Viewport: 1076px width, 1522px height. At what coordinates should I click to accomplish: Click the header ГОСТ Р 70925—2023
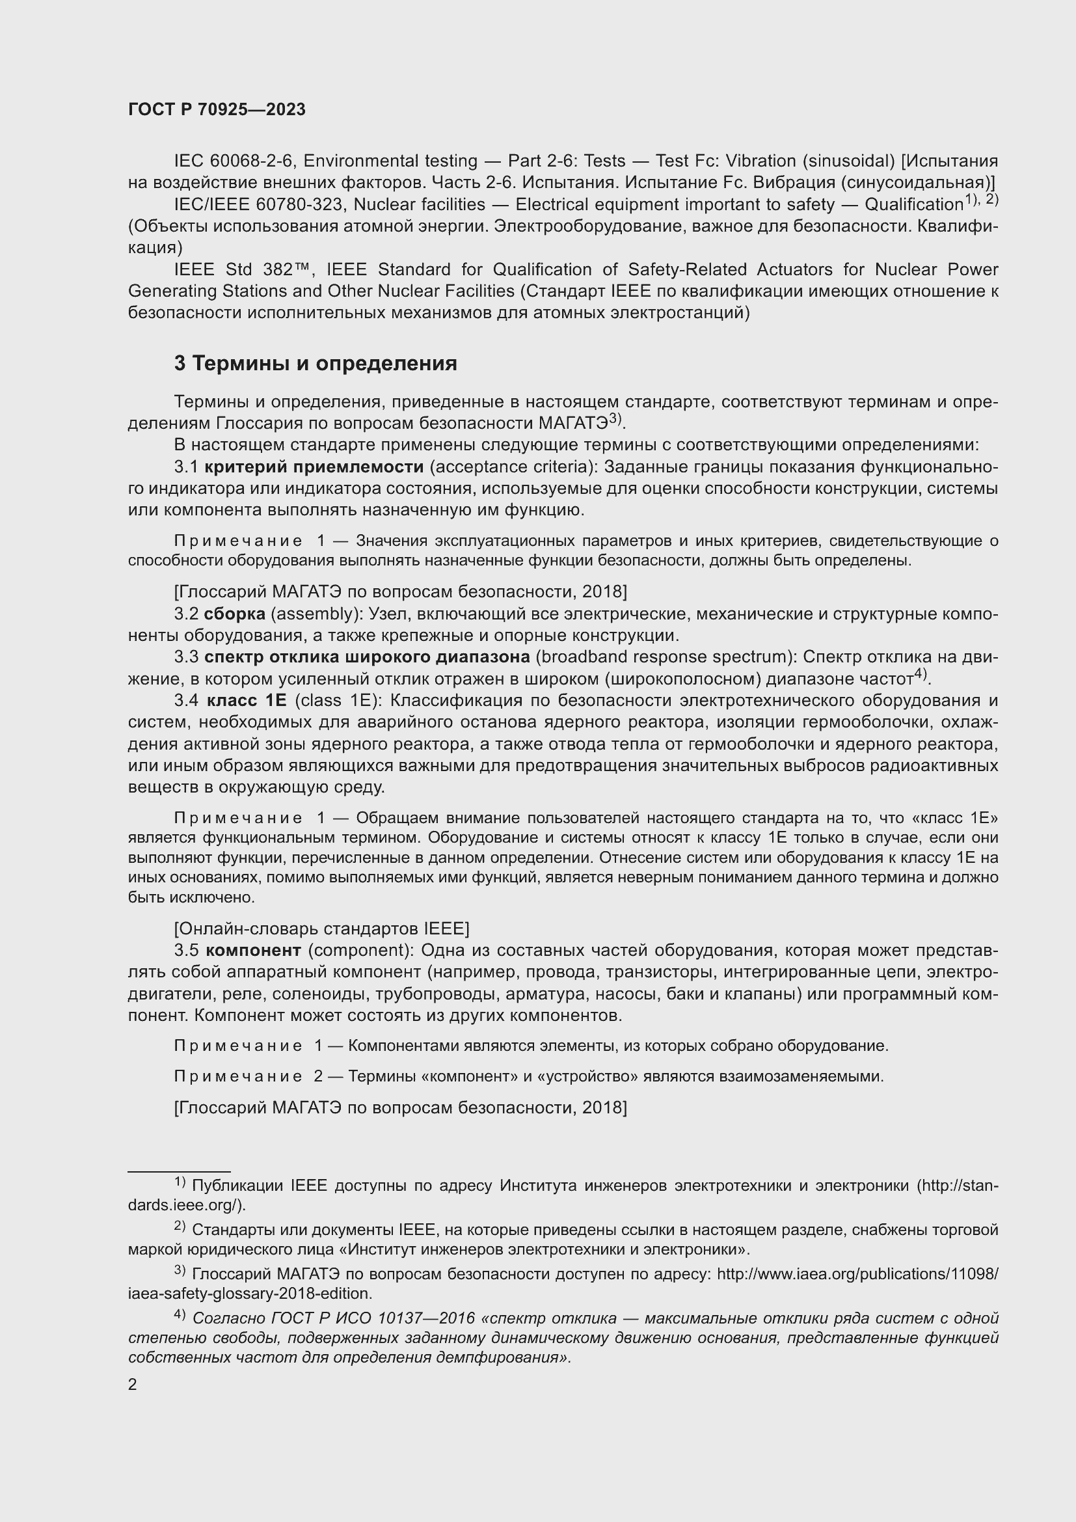pyautogui.click(x=217, y=110)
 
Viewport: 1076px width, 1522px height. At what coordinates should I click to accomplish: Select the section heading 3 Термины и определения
pyautogui.click(x=316, y=363)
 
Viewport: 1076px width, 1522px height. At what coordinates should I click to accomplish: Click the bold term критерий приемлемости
pyautogui.click(x=314, y=467)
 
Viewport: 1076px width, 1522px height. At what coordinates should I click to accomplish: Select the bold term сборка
pyautogui.click(x=235, y=614)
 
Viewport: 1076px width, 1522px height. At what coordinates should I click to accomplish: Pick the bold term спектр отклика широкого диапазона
pyautogui.click(x=367, y=657)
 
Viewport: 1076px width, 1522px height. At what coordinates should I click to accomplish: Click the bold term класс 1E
pyautogui.click(x=247, y=701)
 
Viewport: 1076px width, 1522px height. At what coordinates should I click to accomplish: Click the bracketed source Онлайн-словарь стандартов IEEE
pyautogui.click(x=321, y=928)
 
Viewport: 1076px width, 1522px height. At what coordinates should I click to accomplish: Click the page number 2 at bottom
pyautogui.click(x=133, y=1385)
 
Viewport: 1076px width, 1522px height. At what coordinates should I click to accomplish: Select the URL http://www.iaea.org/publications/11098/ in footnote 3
pyautogui.click(x=857, y=1274)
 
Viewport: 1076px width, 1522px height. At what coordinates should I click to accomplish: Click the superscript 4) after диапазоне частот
pyautogui.click(x=922, y=675)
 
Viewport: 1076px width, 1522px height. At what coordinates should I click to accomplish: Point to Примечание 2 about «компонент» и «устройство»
pyautogui.click(x=248, y=1076)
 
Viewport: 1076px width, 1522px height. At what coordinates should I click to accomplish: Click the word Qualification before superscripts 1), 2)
pyautogui.click(x=913, y=204)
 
